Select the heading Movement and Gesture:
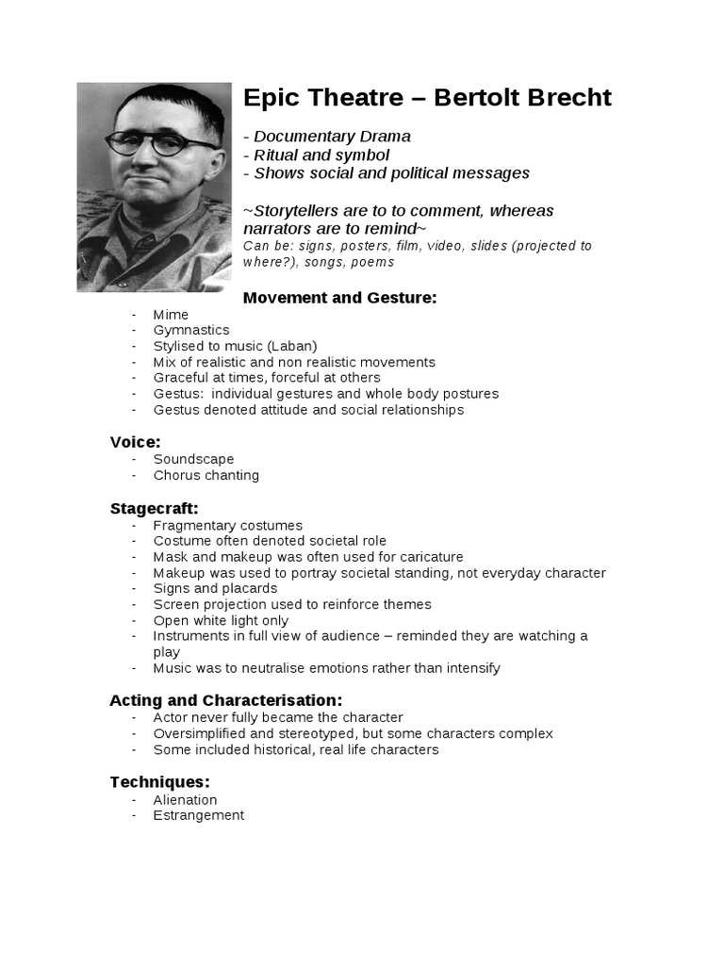click(x=339, y=298)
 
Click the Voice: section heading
click(x=135, y=441)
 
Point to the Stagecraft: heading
click(x=154, y=509)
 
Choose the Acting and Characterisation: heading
click(x=225, y=700)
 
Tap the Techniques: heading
click(x=159, y=782)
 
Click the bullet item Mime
click(x=171, y=315)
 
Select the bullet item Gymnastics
click(x=191, y=331)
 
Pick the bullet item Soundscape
click(x=193, y=460)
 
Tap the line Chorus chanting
click(x=206, y=476)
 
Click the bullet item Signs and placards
click(x=215, y=589)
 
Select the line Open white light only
click(x=221, y=621)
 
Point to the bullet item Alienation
click(x=185, y=800)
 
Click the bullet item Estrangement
click(x=198, y=815)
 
